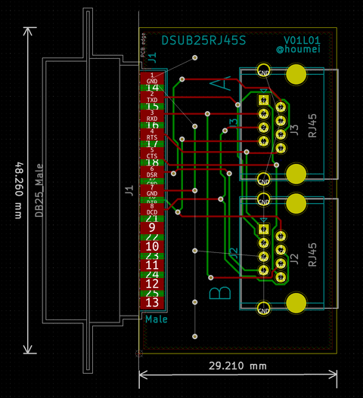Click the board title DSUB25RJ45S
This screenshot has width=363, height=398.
pyautogui.click(x=203, y=41)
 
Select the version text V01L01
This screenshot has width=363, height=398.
pyautogui.click(x=302, y=40)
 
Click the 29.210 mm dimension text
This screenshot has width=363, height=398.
pyautogui.click(x=237, y=366)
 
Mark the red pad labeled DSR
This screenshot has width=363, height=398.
pyautogui.click(x=152, y=172)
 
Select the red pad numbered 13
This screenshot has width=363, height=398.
pyautogui.click(x=152, y=303)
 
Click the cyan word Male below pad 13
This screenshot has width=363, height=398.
pyautogui.click(x=157, y=319)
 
